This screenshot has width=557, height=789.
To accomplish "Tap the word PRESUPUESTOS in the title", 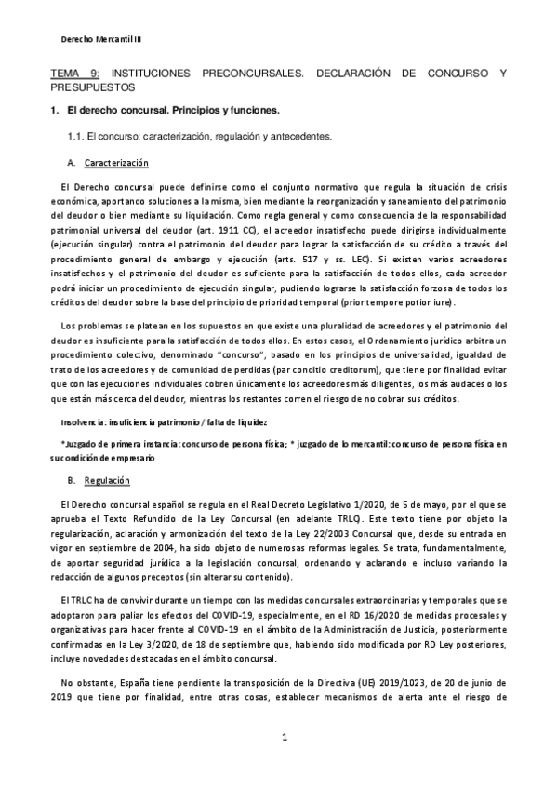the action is tap(92, 87).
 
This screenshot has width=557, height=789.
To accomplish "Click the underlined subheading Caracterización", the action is tap(116, 163).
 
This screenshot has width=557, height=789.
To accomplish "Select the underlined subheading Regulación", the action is tap(106, 481).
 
